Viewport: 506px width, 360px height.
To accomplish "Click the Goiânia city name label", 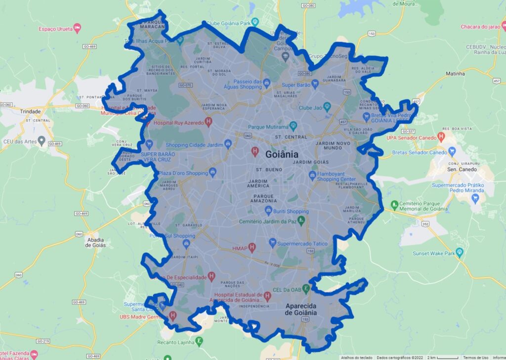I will tap(282, 154).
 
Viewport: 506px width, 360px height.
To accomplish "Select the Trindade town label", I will tap(31, 112).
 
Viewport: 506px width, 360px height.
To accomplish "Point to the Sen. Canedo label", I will tap(462, 170).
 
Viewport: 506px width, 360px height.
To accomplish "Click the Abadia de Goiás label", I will tap(95, 242).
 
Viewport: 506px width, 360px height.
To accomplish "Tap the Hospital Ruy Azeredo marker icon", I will tap(209, 121).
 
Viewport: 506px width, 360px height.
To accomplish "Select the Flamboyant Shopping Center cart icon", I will tap(312, 176).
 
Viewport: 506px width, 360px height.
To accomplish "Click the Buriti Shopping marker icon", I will tap(268, 212).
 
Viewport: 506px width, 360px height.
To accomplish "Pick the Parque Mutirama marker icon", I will tap(293, 126).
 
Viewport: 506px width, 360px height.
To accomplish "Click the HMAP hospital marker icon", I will tap(252, 247).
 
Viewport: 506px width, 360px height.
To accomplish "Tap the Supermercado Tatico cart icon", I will tap(272, 243).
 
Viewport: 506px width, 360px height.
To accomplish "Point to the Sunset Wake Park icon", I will tap(460, 253).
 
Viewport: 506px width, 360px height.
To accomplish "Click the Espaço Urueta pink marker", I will tap(78, 29).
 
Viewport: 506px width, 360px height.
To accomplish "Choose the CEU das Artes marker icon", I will tap(42, 141).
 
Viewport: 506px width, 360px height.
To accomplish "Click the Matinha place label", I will tap(455, 74).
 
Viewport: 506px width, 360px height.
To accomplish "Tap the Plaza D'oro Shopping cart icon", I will tap(213, 173).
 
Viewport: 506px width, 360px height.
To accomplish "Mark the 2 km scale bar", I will tap(447, 357).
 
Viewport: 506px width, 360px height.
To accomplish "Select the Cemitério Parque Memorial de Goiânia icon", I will tap(394, 204).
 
